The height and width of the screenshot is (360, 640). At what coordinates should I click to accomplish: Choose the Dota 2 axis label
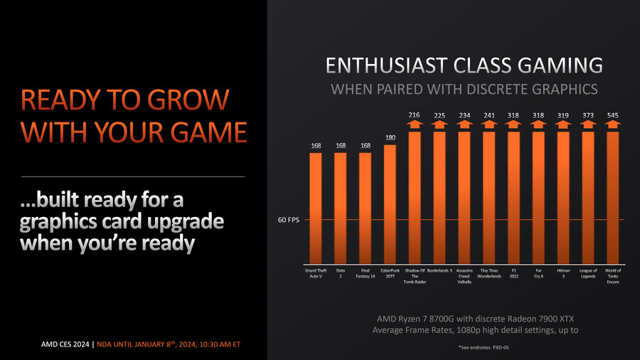[x=341, y=274]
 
